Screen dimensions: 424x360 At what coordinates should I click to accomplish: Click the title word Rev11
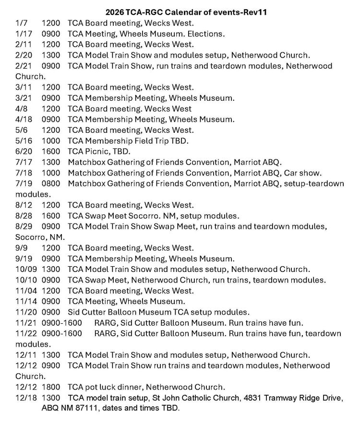click(255, 12)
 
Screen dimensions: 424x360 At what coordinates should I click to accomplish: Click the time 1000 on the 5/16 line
click(51, 141)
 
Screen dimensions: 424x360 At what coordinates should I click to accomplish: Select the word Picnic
click(97, 152)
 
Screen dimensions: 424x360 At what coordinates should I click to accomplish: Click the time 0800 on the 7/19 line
click(51, 184)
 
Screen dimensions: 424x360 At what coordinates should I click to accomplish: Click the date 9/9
click(22, 248)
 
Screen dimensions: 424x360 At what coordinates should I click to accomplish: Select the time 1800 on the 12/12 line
click(51, 387)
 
